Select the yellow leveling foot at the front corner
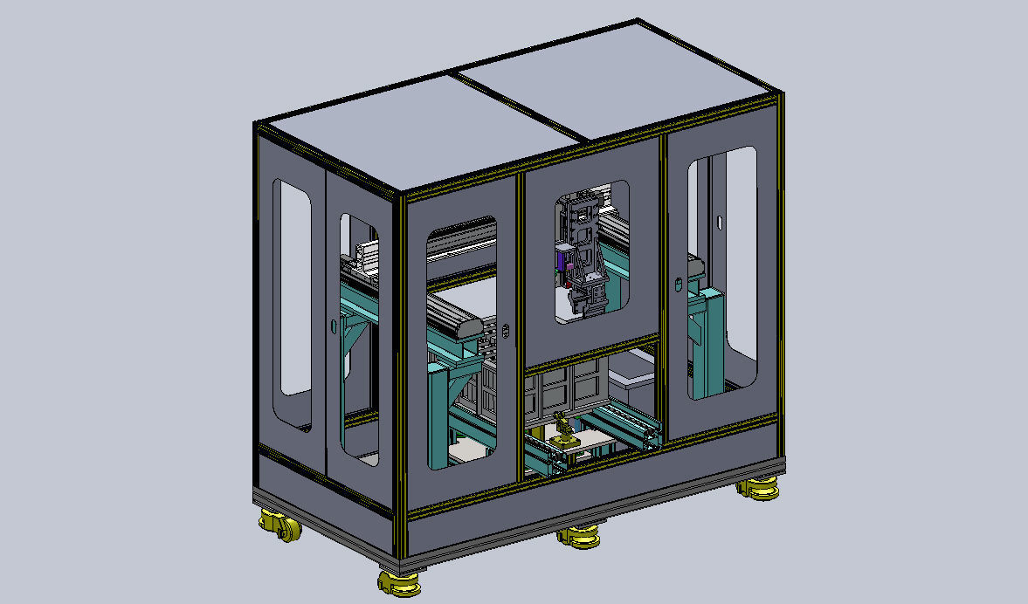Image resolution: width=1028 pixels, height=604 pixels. (x=397, y=582)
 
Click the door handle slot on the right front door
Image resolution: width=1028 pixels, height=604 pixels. (x=678, y=284)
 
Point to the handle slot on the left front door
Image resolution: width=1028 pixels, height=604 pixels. (x=507, y=331)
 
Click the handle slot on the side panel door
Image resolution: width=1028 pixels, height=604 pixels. (x=332, y=326)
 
